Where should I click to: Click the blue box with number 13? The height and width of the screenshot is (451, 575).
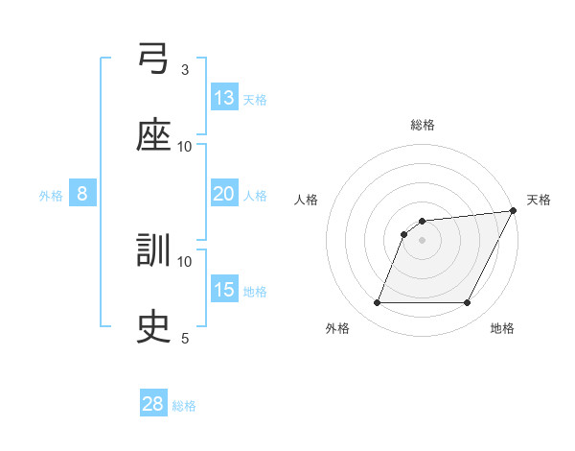224,98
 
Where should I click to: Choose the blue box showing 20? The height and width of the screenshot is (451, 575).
224,194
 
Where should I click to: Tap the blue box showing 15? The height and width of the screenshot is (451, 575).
224,290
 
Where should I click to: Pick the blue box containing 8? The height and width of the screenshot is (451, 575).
82,194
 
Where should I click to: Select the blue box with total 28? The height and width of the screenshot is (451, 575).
153,404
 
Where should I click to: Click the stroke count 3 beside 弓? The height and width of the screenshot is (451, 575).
185,69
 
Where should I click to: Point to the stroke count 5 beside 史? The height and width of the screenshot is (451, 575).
185,338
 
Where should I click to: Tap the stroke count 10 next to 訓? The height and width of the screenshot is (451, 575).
185,261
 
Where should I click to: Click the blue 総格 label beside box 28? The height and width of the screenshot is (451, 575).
184,406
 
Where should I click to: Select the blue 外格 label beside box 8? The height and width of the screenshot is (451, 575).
51,196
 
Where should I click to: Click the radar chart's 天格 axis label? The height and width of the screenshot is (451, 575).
539,200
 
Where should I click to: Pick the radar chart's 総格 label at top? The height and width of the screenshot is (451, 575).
423,125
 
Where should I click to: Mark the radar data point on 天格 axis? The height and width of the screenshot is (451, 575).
515,211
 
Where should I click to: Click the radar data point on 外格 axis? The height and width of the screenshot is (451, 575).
377,303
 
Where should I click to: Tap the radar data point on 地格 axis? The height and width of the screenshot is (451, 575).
468,303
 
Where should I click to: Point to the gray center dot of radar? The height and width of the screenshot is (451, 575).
423,240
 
